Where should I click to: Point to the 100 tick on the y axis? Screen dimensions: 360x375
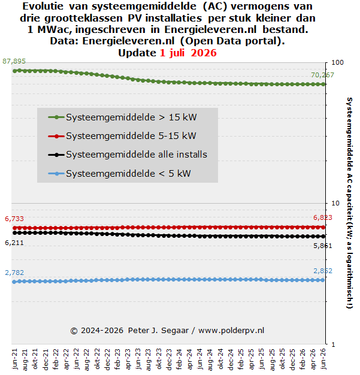pyautogui.click(x=337, y=62)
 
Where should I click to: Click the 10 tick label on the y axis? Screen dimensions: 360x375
pyautogui.click(x=335, y=203)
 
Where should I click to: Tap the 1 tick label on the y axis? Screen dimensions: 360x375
pyautogui.click(x=333, y=344)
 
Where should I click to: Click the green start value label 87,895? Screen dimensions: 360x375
pyautogui.click(x=14, y=61)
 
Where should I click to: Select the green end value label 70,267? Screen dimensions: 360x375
pyautogui.click(x=322, y=75)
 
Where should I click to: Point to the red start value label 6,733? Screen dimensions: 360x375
pyautogui.click(x=14, y=219)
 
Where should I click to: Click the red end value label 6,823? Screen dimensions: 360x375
pyautogui.click(x=323, y=217)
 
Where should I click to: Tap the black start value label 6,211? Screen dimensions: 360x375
pyautogui.click(x=14, y=243)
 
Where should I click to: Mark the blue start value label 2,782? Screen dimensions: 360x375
pyautogui.click(x=14, y=273)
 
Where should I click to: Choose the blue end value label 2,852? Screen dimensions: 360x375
pyautogui.click(x=323, y=271)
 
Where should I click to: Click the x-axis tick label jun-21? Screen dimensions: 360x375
pyautogui.click(x=15, y=359)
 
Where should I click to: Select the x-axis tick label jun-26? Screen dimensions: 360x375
pyautogui.click(x=323, y=359)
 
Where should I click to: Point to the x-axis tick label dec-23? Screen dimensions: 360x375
pyautogui.click(x=169, y=359)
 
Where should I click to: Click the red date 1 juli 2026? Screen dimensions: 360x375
pyautogui.click(x=188, y=53)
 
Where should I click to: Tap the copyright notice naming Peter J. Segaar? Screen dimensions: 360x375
pyautogui.click(x=167, y=331)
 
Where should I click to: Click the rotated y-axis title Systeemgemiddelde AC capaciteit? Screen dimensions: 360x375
pyautogui.click(x=349, y=203)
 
